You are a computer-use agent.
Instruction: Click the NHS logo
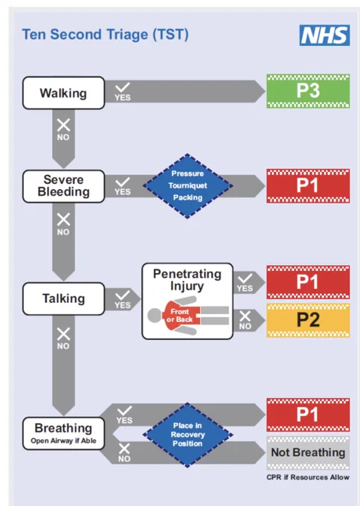[x=324, y=35]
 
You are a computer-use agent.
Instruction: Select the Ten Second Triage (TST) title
[x=105, y=34]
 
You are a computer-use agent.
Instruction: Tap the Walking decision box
[x=63, y=93]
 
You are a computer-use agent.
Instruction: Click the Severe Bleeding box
[x=63, y=186]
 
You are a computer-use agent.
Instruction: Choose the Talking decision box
[x=63, y=298]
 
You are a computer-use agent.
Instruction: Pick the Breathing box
[x=63, y=433]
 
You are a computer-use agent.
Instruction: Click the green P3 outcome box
[x=308, y=91]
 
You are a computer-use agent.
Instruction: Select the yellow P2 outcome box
[x=308, y=320]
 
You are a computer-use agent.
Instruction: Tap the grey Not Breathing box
[x=308, y=452]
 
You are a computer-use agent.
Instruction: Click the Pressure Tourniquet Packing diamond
[x=187, y=186]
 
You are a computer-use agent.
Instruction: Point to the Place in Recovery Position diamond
[x=187, y=435]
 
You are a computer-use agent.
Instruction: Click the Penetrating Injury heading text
[x=187, y=280]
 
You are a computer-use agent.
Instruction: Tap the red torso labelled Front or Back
[x=181, y=316]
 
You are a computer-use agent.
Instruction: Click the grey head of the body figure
[x=155, y=316]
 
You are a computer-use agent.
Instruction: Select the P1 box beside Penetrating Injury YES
[x=308, y=282]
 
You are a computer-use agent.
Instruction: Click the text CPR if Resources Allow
[x=308, y=477]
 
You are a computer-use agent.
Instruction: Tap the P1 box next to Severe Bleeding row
[x=308, y=186]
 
